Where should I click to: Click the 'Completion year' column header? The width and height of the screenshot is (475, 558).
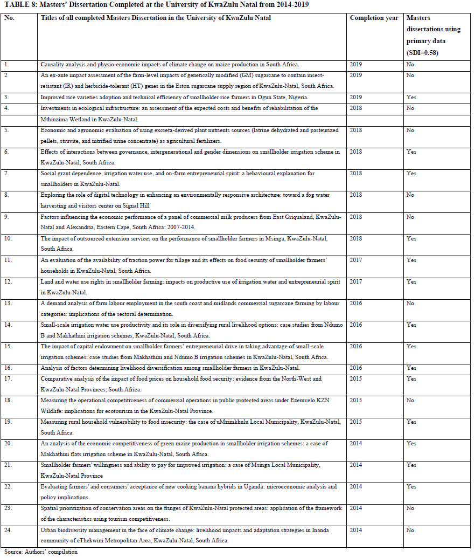click(x=374, y=18)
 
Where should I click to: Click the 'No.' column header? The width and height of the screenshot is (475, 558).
click(x=9, y=18)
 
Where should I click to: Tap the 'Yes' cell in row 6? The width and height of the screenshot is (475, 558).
click(x=411, y=152)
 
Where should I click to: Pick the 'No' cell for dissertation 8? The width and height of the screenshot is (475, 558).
click(x=410, y=195)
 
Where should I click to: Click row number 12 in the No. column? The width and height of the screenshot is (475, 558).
click(x=9, y=281)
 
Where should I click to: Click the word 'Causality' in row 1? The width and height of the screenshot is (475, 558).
click(x=53, y=64)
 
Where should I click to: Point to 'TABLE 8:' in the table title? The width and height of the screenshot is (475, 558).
click(x=17, y=4)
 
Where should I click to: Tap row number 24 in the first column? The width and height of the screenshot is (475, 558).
click(x=9, y=529)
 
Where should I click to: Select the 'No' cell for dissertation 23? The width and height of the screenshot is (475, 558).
click(x=410, y=508)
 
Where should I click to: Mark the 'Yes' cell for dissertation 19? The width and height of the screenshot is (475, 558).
click(x=411, y=422)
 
